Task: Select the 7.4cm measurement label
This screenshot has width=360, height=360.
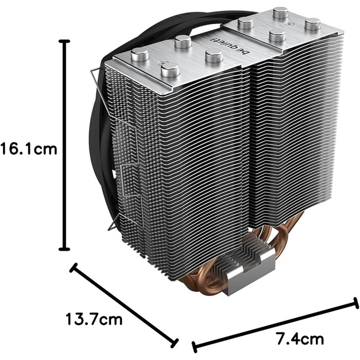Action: (x=300, y=339)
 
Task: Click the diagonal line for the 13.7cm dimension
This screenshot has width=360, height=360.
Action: (x=123, y=305)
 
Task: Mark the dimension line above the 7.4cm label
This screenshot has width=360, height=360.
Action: (x=275, y=321)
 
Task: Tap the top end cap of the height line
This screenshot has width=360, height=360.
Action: (x=64, y=41)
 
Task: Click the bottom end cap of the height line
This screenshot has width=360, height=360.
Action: (x=64, y=249)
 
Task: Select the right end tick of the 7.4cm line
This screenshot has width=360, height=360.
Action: (x=355, y=302)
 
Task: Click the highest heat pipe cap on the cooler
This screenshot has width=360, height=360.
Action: (x=280, y=12)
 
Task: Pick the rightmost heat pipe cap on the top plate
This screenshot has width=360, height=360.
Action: (x=312, y=24)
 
